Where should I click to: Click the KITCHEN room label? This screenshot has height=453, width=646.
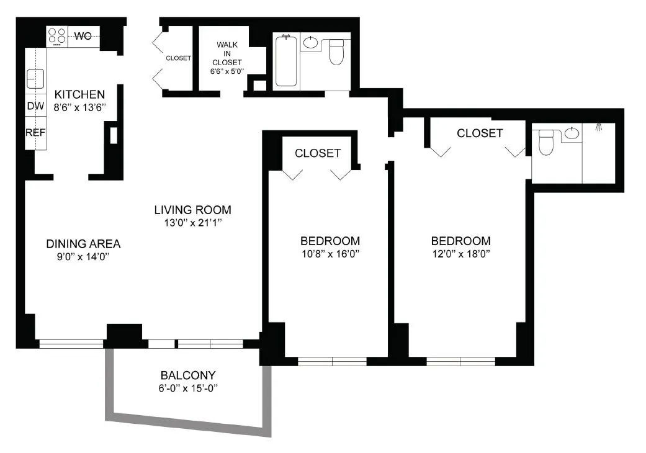(x=79, y=95)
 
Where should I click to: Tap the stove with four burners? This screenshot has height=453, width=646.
(x=57, y=36)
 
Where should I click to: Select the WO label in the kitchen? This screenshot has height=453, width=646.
(x=83, y=36)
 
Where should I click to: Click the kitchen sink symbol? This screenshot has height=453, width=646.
(x=35, y=79)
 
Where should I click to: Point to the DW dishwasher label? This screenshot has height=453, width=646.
(x=35, y=106)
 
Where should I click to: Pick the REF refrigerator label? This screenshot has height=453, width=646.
(x=35, y=132)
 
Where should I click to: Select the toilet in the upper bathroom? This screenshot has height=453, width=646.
(x=336, y=52)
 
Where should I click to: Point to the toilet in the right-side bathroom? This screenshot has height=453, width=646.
(x=545, y=142)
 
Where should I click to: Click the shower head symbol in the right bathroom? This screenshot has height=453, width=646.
(x=599, y=127)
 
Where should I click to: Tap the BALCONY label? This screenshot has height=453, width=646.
(x=187, y=375)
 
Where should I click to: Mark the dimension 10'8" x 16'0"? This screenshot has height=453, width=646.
(x=330, y=254)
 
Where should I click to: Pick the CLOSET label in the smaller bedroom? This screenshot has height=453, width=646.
(x=317, y=153)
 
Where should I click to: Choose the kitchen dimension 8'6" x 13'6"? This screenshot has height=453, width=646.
(x=79, y=107)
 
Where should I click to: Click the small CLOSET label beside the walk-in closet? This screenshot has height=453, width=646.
(x=178, y=58)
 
